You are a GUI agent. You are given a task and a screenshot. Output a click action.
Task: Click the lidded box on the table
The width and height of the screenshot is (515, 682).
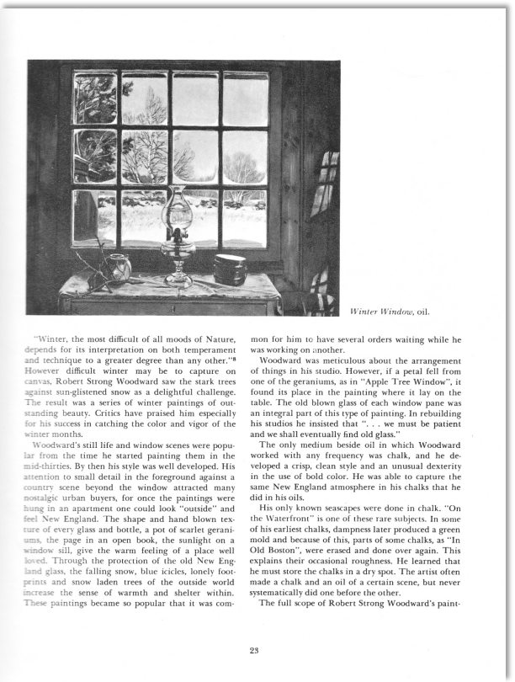(x=229, y=269)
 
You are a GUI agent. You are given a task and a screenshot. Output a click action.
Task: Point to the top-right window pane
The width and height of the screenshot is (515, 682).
(x=245, y=99)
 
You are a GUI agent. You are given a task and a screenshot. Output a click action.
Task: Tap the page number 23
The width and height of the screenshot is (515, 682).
(x=257, y=648)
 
